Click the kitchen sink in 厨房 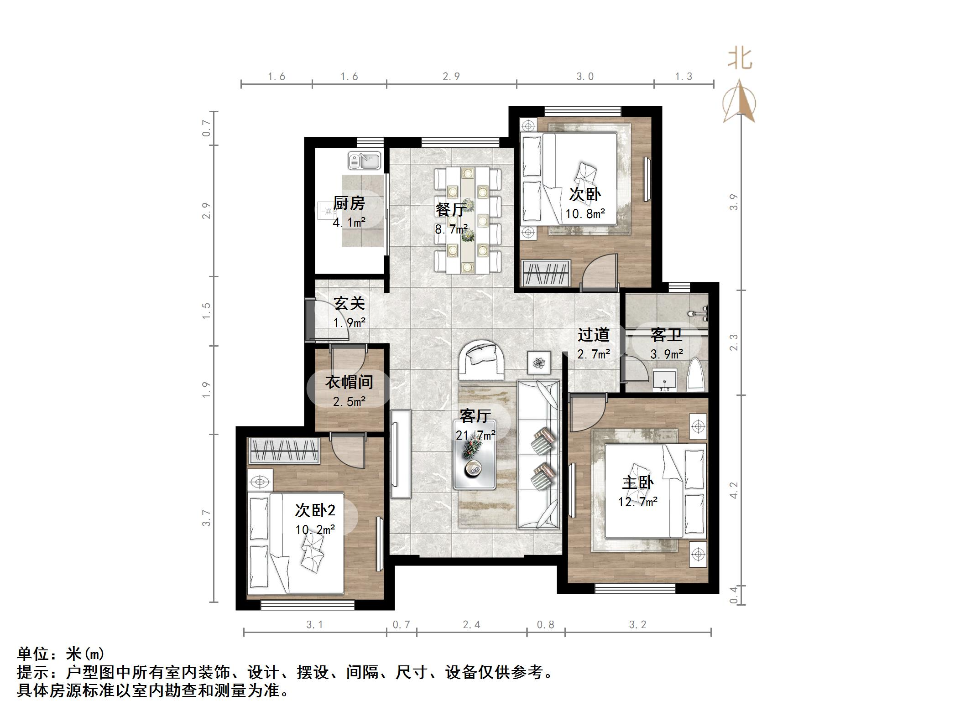point(365,161)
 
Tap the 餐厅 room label point(451,209)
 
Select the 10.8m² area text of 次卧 point(585,213)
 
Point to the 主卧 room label point(637,483)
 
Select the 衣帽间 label point(349,382)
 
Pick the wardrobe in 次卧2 point(283,451)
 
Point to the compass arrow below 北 point(739,103)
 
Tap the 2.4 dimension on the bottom point(471,624)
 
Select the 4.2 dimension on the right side point(733,490)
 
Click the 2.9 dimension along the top point(451,76)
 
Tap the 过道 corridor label point(593,335)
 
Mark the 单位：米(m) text point(61,654)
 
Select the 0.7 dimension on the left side point(207,128)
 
